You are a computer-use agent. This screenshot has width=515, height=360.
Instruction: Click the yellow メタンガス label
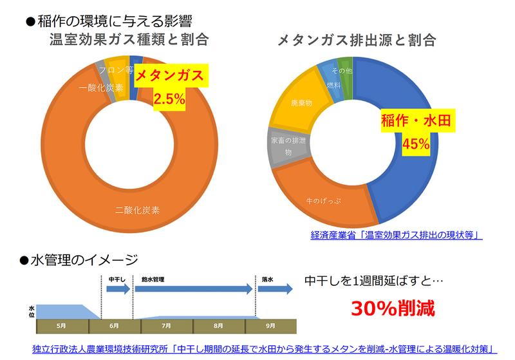[x=172, y=76]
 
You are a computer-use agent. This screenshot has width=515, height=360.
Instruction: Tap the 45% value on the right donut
[x=415, y=144]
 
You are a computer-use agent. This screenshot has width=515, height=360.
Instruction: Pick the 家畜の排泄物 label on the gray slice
[x=285, y=146]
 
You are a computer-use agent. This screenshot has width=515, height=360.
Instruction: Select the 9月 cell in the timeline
[x=266, y=327]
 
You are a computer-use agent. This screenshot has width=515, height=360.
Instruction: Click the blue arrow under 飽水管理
[x=193, y=290]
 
